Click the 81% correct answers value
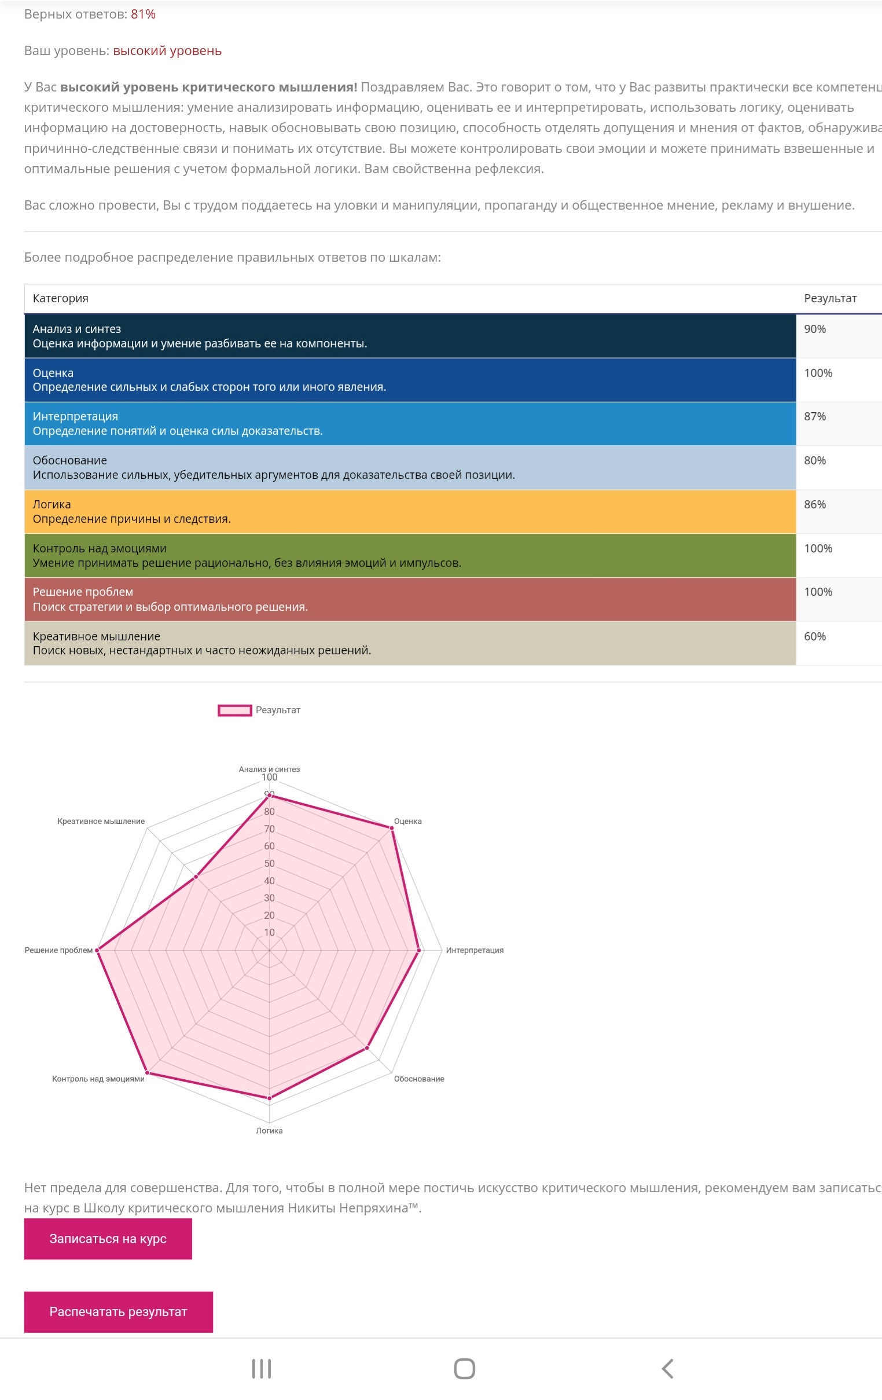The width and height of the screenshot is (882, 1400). coord(143,14)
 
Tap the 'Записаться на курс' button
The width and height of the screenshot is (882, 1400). coord(108,1239)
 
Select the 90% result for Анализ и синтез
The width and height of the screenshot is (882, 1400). coord(815,329)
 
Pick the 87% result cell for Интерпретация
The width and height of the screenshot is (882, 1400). coord(815,417)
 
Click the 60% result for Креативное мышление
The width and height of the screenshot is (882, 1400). coord(815,637)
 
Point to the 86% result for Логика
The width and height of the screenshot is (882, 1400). coord(815,505)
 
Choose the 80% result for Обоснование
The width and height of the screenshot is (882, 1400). coord(815,460)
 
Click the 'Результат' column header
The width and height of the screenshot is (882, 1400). coord(830,298)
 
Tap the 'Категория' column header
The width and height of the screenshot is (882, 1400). coord(60,298)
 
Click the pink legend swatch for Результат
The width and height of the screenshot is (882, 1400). coord(235,710)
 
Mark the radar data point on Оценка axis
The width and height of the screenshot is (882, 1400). coord(392,828)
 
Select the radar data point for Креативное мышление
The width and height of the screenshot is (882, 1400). coord(196,877)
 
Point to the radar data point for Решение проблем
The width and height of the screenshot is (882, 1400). coord(97,951)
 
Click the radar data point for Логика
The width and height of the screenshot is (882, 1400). coord(269,1098)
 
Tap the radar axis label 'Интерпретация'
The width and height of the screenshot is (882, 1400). coord(474,951)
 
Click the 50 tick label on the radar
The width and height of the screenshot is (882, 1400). coord(269,864)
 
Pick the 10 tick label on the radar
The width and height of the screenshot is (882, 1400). coord(269,933)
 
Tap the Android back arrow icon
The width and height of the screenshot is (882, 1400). coord(668,1369)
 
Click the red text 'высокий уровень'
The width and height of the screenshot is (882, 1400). coord(167,51)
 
